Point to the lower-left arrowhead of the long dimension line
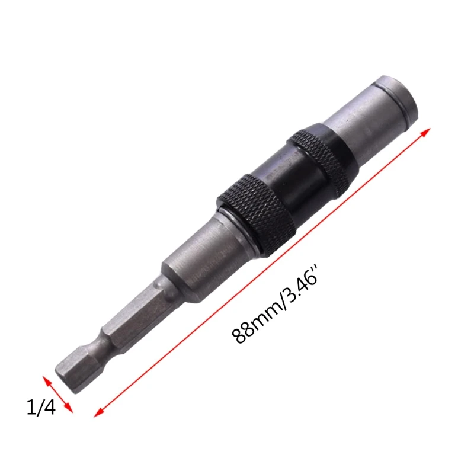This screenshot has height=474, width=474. [98, 413]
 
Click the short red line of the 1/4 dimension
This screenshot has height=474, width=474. [57, 394]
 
